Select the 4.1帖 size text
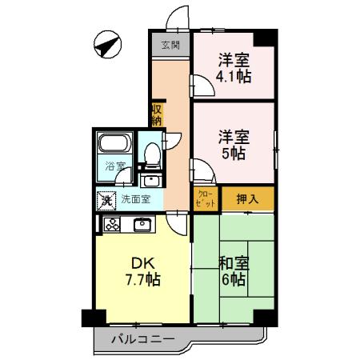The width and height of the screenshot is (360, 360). [234, 78]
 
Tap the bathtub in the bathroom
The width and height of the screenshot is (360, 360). [114, 146]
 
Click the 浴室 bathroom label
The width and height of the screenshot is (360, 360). [114, 167]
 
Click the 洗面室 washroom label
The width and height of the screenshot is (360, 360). [136, 200]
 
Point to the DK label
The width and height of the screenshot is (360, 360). [130, 263]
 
